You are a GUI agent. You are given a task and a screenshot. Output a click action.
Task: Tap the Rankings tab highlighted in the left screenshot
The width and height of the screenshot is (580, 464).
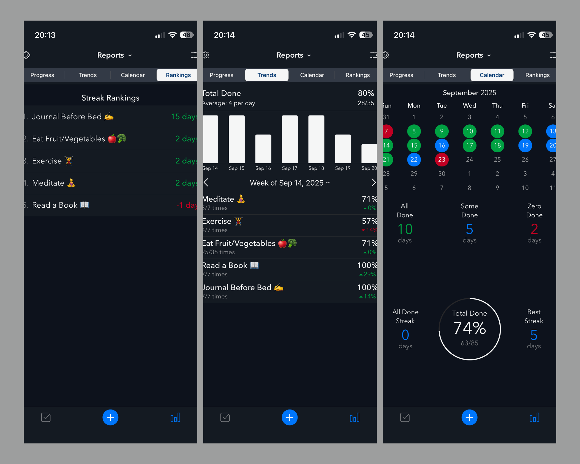(178, 75)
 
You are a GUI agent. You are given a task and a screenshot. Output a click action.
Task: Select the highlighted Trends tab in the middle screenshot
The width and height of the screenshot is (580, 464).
(267, 75)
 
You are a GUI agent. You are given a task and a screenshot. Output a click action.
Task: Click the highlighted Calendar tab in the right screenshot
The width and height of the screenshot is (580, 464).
(492, 75)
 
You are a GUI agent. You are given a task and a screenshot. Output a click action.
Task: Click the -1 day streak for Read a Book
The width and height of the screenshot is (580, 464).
(186, 205)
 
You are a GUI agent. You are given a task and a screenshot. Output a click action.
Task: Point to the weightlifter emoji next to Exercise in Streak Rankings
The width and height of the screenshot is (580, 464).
(69, 161)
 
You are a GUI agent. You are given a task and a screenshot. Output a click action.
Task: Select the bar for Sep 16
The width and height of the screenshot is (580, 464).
(263, 148)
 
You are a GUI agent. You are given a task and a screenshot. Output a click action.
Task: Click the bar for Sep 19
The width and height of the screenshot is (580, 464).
(343, 148)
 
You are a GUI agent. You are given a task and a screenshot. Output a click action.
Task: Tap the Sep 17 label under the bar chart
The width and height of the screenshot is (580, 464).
(289, 168)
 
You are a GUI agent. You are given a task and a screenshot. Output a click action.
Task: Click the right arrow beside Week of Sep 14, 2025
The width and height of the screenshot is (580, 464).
(373, 182)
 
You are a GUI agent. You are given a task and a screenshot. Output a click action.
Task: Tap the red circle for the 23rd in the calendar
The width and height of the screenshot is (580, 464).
(442, 159)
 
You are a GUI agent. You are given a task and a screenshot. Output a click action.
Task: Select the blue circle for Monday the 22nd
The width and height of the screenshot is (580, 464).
(414, 159)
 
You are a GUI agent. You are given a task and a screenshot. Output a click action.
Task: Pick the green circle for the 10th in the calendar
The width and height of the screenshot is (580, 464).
(470, 131)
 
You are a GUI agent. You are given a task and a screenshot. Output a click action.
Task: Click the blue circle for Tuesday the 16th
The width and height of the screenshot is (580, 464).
(442, 145)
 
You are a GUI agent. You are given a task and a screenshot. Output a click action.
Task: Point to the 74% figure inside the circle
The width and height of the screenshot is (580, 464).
(470, 328)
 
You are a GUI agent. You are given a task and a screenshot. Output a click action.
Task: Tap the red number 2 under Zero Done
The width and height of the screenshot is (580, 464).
(534, 229)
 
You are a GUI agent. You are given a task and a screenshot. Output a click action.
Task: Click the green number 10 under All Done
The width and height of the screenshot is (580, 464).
(405, 229)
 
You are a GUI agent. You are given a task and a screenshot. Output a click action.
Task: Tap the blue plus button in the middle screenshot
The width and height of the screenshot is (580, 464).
(289, 417)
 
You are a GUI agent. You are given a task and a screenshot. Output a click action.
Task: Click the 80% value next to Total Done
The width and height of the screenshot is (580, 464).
(366, 93)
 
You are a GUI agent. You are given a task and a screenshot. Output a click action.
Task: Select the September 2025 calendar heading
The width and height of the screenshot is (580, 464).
(469, 93)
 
